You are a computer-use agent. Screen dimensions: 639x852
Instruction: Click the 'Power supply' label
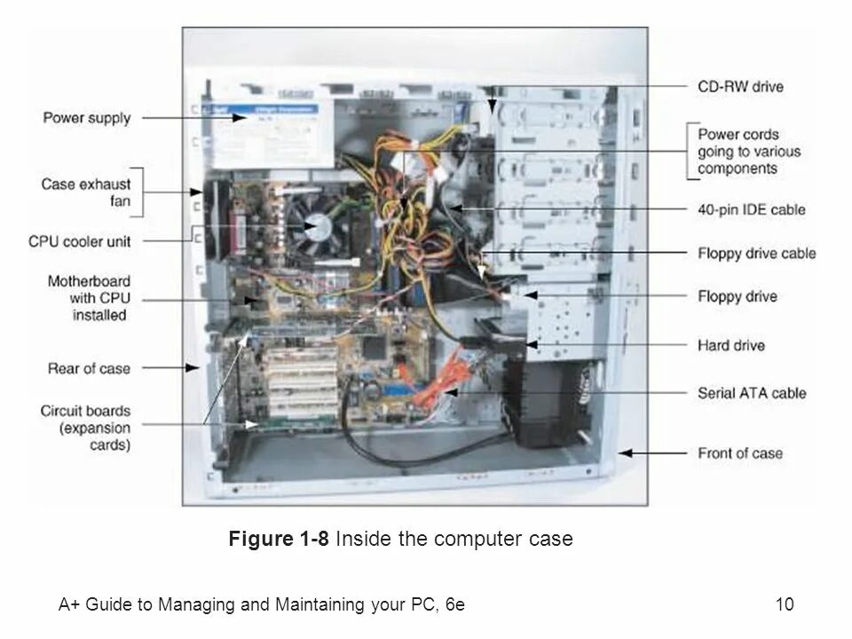[x=87, y=118]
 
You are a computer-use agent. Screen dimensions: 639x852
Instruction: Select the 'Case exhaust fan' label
[x=86, y=193]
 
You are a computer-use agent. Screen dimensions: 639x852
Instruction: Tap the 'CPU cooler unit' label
[x=80, y=241]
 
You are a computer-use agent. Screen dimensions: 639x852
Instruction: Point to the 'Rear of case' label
[x=88, y=367]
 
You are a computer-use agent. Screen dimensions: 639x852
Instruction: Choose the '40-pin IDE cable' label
[x=752, y=210]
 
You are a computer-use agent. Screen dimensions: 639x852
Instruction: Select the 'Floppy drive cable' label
[x=756, y=254]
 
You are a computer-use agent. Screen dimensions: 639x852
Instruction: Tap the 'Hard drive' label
[x=731, y=344]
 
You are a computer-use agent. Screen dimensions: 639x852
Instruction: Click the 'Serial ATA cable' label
[x=752, y=392]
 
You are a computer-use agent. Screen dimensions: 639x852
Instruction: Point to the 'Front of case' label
[x=740, y=453]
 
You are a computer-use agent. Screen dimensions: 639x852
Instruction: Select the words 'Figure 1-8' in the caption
[x=279, y=539]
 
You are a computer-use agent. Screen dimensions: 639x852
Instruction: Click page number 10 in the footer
[x=784, y=606]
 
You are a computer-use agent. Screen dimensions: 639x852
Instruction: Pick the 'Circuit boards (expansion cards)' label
[x=85, y=428]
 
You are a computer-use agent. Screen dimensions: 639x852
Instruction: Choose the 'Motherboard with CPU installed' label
[x=88, y=298]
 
